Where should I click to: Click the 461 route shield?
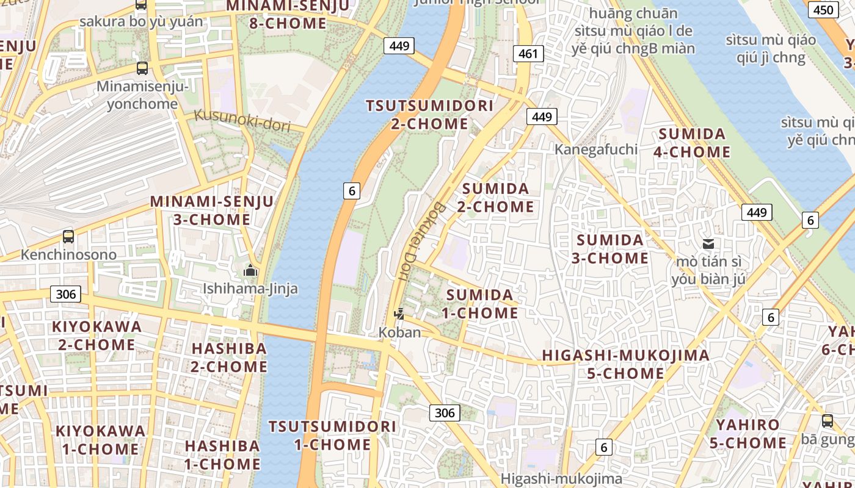click(x=528, y=54)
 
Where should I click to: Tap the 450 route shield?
click(x=823, y=10)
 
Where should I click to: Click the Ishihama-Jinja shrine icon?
click(x=250, y=270)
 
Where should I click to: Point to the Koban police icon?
click(x=399, y=315)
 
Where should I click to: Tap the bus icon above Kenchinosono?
click(x=68, y=237)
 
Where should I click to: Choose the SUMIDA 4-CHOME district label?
click(x=692, y=143)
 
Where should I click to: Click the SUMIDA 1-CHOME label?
click(x=482, y=304)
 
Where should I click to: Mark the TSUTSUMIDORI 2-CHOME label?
click(x=429, y=115)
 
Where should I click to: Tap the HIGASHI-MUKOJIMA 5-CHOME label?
click(x=625, y=364)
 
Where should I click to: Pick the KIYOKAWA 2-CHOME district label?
click(x=96, y=335)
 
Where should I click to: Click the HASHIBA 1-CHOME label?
click(x=222, y=454)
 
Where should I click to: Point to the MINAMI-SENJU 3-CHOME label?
click(x=212, y=210)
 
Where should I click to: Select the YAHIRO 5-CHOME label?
click(x=748, y=433)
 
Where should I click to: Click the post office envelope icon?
click(x=708, y=245)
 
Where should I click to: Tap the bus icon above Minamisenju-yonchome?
click(x=142, y=68)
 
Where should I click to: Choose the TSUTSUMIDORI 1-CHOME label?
click(x=333, y=435)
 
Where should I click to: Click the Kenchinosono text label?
click(x=68, y=255)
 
